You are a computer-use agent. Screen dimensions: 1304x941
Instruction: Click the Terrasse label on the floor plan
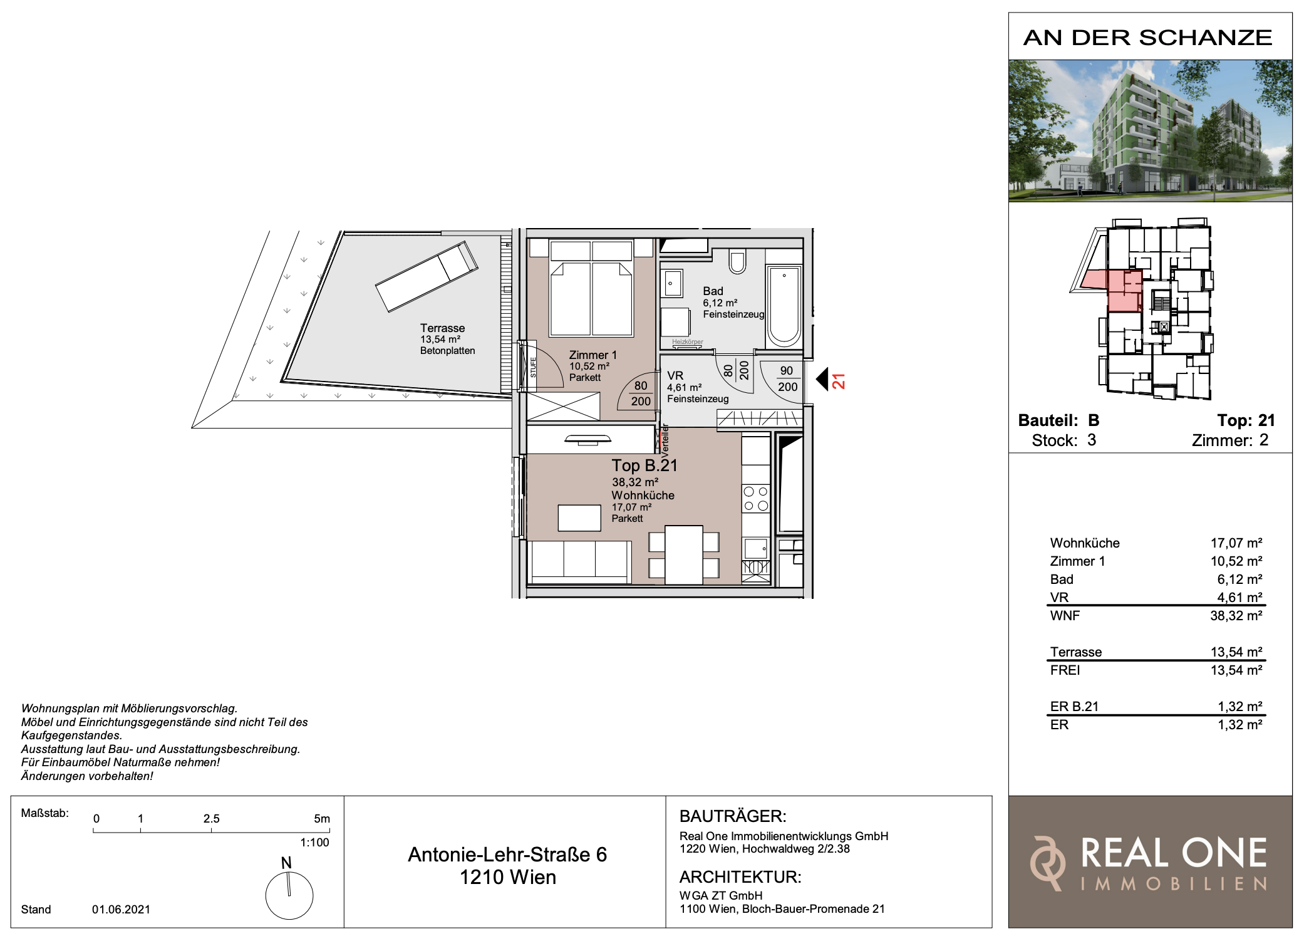442,328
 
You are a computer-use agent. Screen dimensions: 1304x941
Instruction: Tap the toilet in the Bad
737,261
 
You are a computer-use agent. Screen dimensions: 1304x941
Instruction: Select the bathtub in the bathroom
784,306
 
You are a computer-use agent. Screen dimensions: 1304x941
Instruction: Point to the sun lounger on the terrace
427,276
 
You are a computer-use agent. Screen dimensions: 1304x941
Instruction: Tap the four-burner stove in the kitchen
755,498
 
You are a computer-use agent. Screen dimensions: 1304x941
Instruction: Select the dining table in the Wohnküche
684,554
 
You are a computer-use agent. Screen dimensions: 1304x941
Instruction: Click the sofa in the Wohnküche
580,562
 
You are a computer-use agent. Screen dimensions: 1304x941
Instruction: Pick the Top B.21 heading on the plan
644,465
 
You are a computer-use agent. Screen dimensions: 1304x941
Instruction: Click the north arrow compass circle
289,895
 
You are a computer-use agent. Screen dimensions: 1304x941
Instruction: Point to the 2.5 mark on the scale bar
211,819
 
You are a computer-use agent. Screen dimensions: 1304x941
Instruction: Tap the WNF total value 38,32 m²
1236,616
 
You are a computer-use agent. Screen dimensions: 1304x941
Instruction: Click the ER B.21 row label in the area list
1074,707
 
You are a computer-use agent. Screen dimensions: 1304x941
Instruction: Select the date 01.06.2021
121,909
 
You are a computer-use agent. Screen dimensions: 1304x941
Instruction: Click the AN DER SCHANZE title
1147,38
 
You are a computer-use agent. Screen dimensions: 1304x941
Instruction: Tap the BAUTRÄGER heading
733,816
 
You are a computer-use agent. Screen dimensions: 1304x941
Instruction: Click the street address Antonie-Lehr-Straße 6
507,855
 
